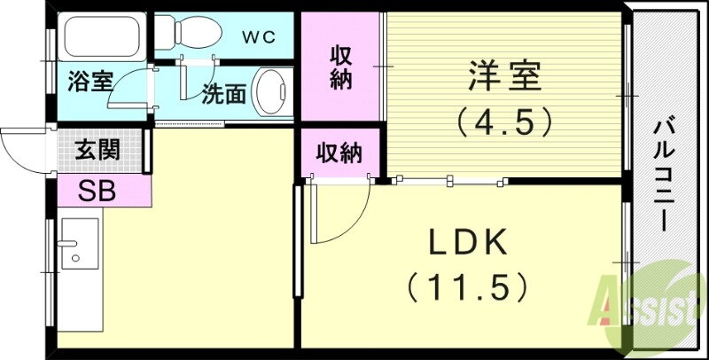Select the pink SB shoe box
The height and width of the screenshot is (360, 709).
[x=97, y=190]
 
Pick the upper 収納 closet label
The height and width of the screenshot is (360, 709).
[x=342, y=67]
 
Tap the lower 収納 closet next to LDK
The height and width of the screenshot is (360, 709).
[x=340, y=153]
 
